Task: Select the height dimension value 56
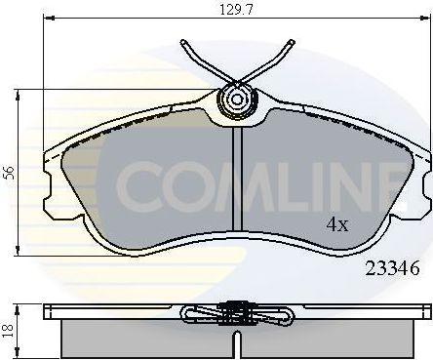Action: click(10, 173)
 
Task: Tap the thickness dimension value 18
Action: click(10, 330)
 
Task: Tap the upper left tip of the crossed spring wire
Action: click(184, 43)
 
